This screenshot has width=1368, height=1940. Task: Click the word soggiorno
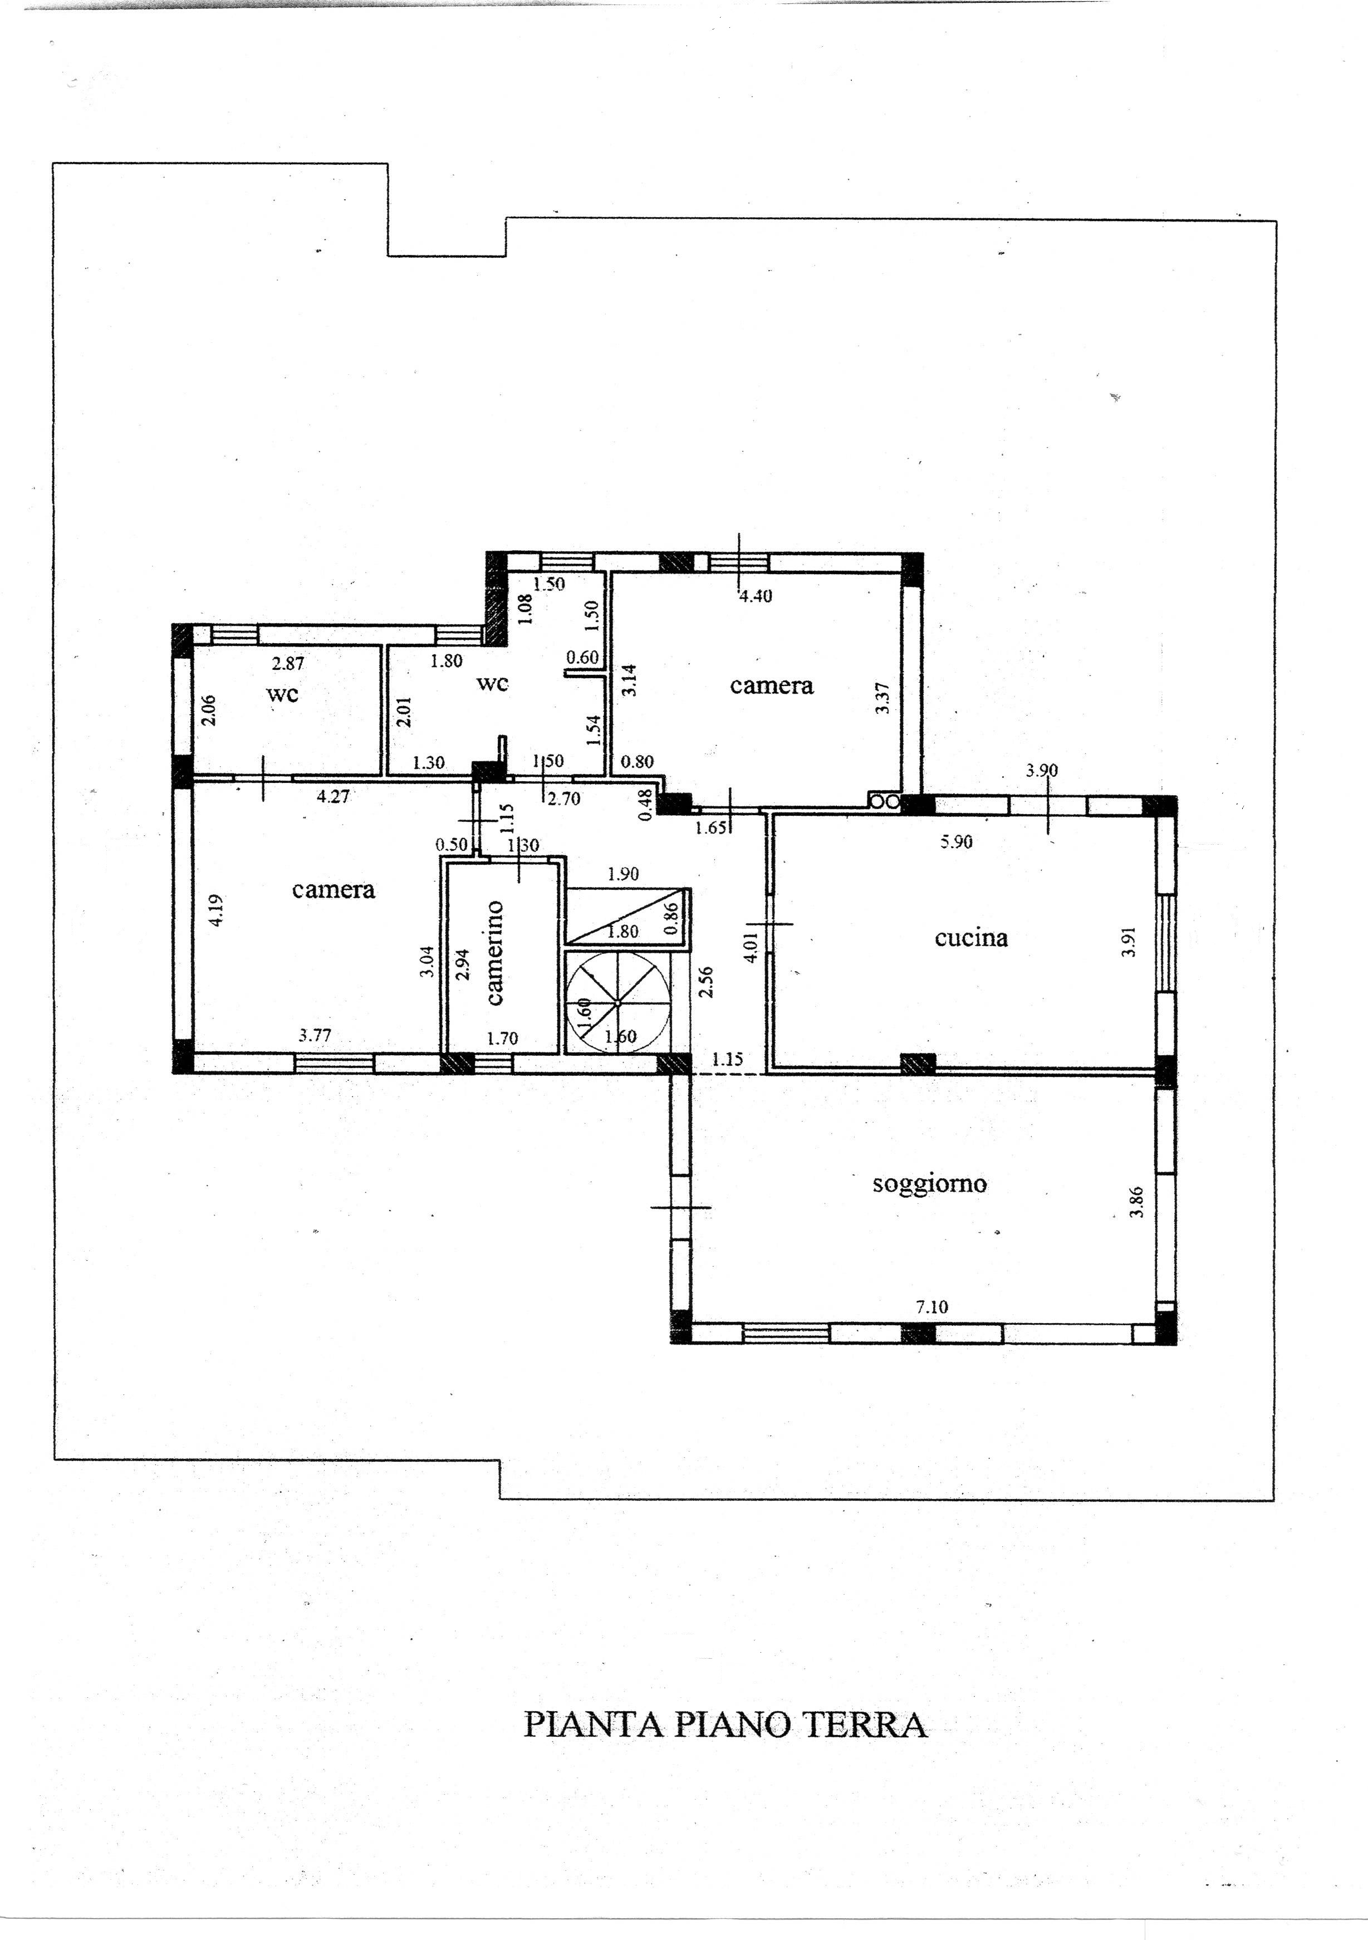pyautogui.click(x=929, y=1184)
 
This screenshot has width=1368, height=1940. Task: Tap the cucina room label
pyautogui.click(x=971, y=937)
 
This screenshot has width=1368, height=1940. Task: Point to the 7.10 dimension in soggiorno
pyautogui.click(x=932, y=1307)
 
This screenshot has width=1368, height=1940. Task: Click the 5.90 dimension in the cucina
pyautogui.click(x=957, y=841)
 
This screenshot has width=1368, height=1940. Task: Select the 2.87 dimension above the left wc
pyautogui.click(x=288, y=664)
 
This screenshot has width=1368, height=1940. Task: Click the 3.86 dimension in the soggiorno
pyautogui.click(x=1137, y=1202)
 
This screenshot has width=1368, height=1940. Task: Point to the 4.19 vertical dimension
pyautogui.click(x=217, y=911)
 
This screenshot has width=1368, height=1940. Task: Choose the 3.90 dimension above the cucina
pyautogui.click(x=1041, y=771)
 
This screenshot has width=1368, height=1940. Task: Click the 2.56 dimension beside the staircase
pyautogui.click(x=707, y=982)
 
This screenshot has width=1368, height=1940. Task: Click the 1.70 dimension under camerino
pyautogui.click(x=503, y=1038)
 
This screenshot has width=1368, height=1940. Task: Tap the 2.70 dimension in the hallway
pyautogui.click(x=563, y=797)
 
